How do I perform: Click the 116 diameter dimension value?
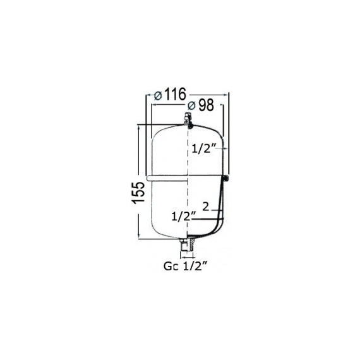click(x=176, y=94)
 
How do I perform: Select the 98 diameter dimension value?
click(x=206, y=105)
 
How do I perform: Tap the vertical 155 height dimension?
click(x=138, y=192)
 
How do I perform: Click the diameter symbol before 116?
click(x=158, y=95)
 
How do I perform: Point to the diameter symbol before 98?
click(x=191, y=106)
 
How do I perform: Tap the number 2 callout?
click(x=206, y=207)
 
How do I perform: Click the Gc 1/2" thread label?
click(x=186, y=267)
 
